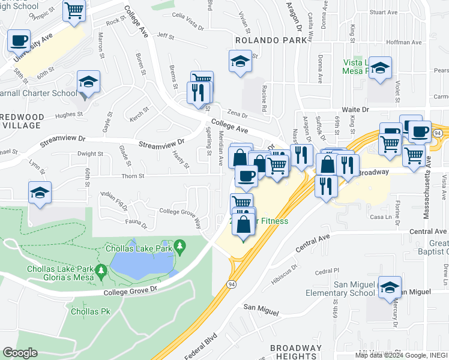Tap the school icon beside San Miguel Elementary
tap(390, 288)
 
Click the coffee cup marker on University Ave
tap(19, 41)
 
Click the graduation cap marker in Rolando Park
tap(240, 61)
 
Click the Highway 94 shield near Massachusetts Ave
tap(439, 133)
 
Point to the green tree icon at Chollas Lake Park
tap(179, 246)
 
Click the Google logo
tap(20, 353)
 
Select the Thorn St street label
tap(133, 176)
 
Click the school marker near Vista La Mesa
tap(380, 68)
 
